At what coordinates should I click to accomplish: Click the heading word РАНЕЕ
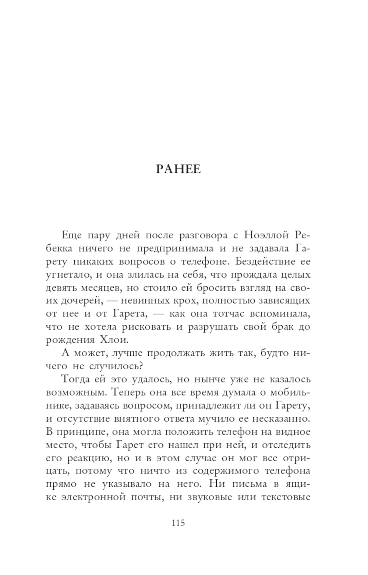pos(178,169)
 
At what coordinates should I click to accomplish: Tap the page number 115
pos(178,523)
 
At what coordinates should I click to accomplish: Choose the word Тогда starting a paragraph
pos(74,379)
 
